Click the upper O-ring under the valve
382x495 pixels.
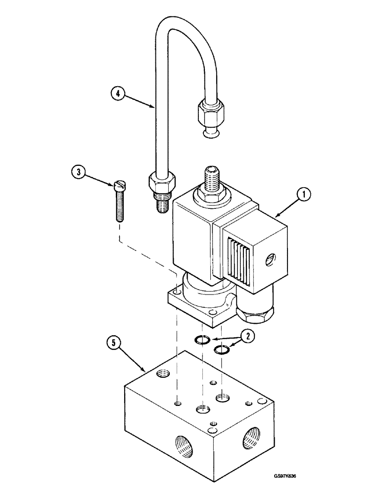point(202,340)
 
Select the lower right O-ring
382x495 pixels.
point(221,350)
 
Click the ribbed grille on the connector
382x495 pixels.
point(239,257)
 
